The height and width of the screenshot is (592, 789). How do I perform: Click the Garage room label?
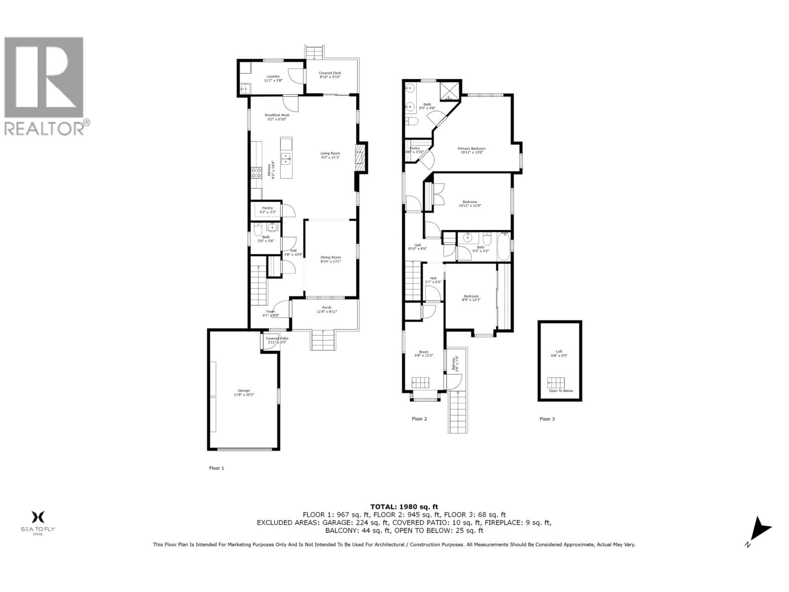244,393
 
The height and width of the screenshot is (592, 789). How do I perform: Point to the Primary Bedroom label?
472,150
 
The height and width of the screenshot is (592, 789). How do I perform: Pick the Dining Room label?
331,259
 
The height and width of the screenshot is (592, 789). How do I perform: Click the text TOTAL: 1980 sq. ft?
404,507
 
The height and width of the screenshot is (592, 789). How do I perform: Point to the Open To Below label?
561,391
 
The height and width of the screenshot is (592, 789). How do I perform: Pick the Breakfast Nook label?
277,117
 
